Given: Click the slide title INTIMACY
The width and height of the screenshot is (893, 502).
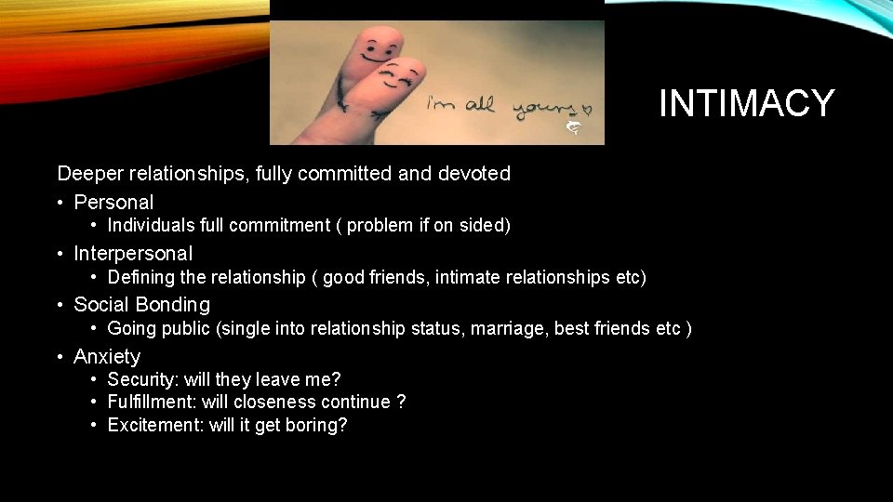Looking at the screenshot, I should pos(746,103).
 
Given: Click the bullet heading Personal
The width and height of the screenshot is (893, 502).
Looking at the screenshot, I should pos(113,202).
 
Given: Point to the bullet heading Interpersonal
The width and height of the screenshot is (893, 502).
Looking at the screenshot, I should pos(133,253).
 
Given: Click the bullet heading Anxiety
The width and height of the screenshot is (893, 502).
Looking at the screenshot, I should pos(107,356).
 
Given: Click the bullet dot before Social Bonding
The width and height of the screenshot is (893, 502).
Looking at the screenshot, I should pos(60,305).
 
